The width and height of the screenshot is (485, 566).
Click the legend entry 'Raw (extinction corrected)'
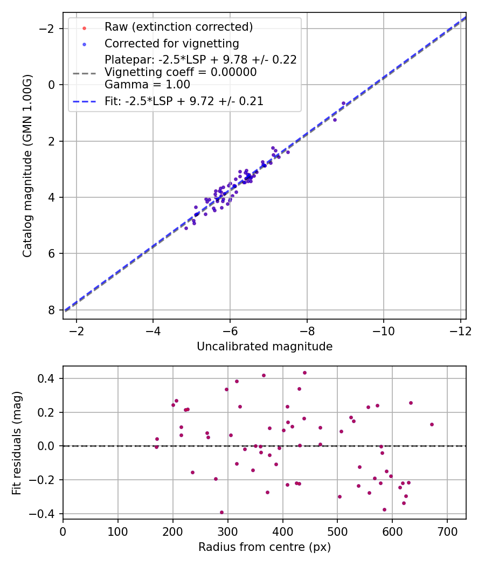[x=178, y=26]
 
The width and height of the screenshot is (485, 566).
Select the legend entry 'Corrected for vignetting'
[x=171, y=43]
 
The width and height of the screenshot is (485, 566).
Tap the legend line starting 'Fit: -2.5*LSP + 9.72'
[x=184, y=101]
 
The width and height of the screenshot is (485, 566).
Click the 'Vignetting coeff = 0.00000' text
[x=181, y=72]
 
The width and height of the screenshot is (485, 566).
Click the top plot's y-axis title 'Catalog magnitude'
[x=27, y=165]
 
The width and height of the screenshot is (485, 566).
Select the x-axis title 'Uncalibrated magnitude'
[x=265, y=346]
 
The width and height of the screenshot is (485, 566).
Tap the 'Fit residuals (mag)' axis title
[x=17, y=443]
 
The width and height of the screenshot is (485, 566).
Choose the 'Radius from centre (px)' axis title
[x=265, y=547]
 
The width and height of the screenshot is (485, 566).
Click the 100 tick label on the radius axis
[x=118, y=530]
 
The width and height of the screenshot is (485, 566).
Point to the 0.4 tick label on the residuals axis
[x=47, y=379]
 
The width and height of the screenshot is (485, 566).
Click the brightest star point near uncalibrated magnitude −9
[x=343, y=103]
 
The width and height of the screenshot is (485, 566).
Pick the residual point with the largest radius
[x=432, y=424]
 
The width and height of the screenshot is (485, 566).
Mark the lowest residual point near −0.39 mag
[x=221, y=513]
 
